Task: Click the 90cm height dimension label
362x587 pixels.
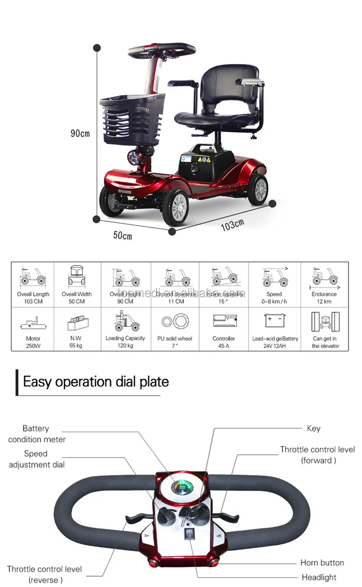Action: [x=80, y=133]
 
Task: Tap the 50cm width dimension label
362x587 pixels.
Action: [x=123, y=235]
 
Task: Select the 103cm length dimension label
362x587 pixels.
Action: [x=232, y=224]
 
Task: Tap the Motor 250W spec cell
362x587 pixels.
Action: [x=33, y=329]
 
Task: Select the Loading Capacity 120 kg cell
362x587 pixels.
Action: [x=125, y=329]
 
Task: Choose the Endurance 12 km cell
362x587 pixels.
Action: [x=324, y=285]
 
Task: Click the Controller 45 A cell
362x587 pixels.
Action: [x=224, y=329]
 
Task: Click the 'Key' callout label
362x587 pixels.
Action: [x=313, y=428]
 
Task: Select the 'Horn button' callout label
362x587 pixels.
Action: [x=322, y=563]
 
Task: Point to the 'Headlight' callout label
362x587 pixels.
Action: [x=319, y=577]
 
